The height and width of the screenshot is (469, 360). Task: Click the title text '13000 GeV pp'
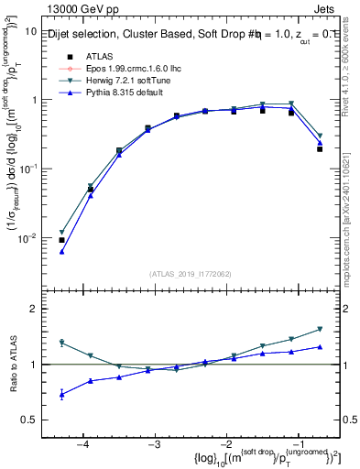(x=76, y=9)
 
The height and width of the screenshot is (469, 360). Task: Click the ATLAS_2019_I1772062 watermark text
(x=190, y=273)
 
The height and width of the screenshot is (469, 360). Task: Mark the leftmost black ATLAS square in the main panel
(x=61, y=240)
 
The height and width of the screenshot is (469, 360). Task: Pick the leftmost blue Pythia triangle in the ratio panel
(x=61, y=395)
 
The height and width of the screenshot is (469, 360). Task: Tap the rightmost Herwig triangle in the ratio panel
(x=320, y=329)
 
